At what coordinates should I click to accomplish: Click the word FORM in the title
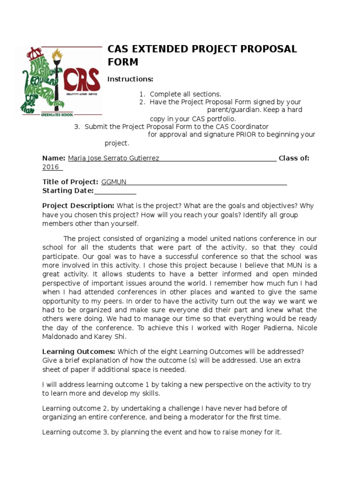123,62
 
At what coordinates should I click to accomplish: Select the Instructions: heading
130,78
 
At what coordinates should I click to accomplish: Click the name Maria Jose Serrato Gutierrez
113,158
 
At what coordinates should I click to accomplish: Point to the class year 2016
51,167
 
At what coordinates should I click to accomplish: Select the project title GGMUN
114,182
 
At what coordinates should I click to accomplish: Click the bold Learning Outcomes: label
79,352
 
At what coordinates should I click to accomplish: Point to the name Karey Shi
112,337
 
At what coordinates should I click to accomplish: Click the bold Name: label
54,158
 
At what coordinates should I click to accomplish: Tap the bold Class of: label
294,158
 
